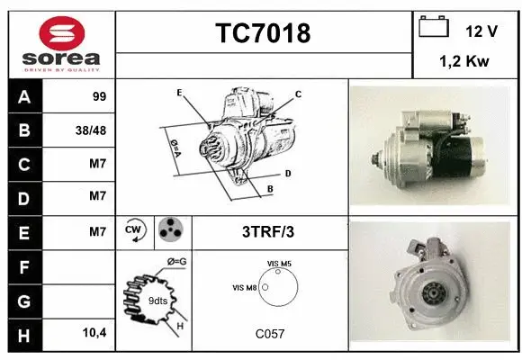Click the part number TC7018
point(263,33)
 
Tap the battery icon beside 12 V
point(435,28)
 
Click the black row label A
point(23,96)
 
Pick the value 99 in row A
point(99,96)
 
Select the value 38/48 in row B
point(92,130)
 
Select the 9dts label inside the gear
point(157,300)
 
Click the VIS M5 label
point(279,263)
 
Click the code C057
point(269,334)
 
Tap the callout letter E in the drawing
point(180,93)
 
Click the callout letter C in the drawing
point(298,94)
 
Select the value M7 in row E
point(98,232)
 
